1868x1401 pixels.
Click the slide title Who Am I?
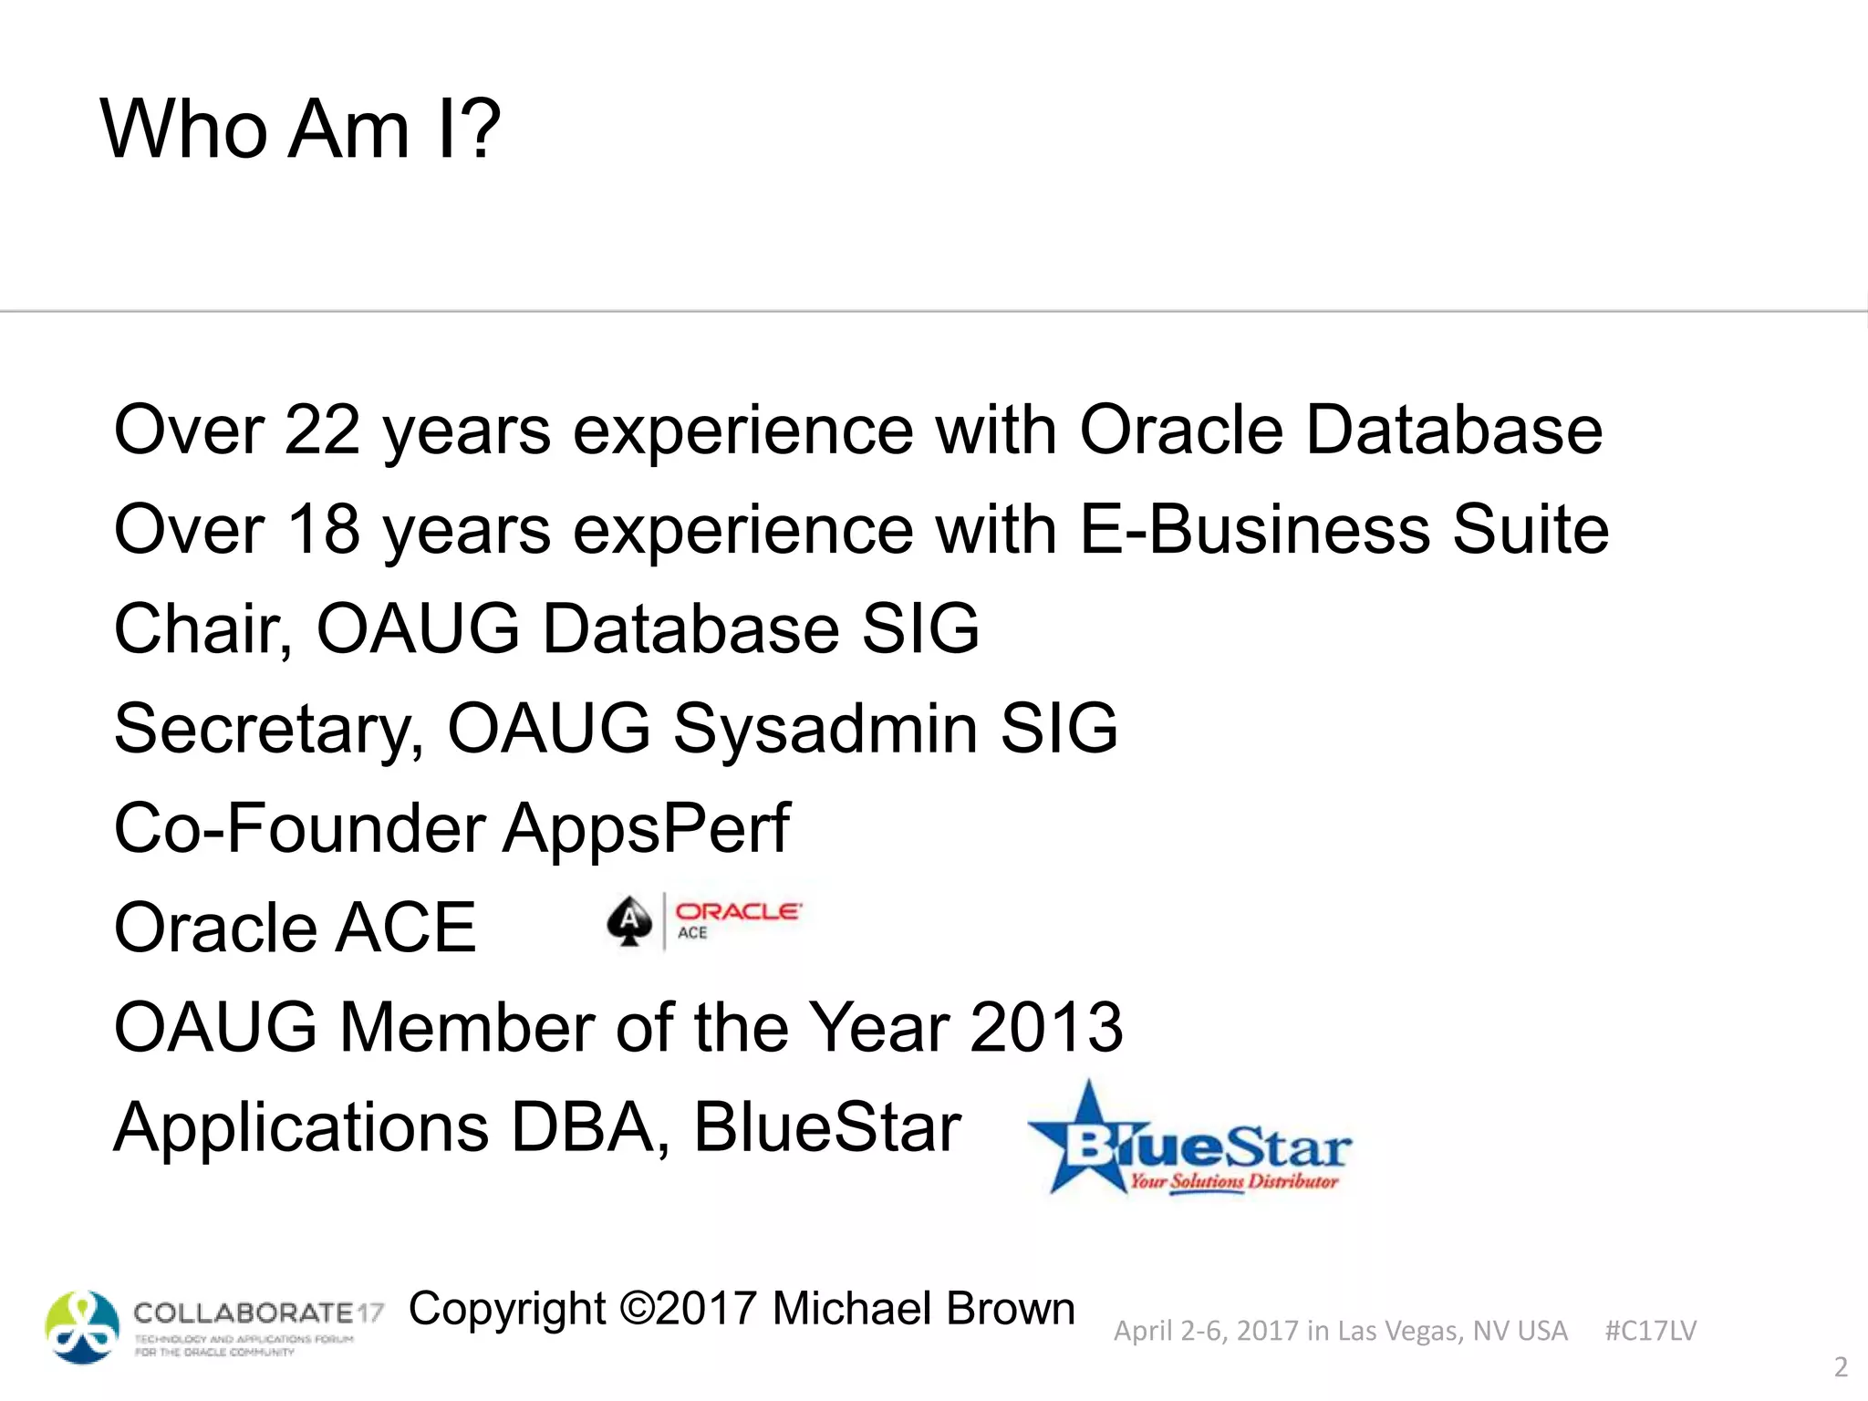(300, 130)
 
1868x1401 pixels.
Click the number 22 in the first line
(322, 430)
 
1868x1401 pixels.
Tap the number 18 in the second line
(322, 529)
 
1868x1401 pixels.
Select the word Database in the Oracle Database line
(1454, 430)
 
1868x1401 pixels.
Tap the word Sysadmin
(825, 729)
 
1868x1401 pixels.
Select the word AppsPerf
(647, 828)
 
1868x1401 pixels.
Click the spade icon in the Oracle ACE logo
(629, 921)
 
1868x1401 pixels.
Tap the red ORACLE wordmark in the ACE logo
(738, 911)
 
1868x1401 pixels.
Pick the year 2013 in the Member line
(1045, 1028)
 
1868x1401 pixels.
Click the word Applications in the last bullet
(301, 1128)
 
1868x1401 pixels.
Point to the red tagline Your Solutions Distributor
(1233, 1182)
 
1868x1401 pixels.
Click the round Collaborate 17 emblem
(82, 1327)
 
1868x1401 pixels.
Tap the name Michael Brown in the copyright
(923, 1309)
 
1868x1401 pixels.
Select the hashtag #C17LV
(1650, 1331)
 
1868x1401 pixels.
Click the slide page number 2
(1841, 1367)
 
